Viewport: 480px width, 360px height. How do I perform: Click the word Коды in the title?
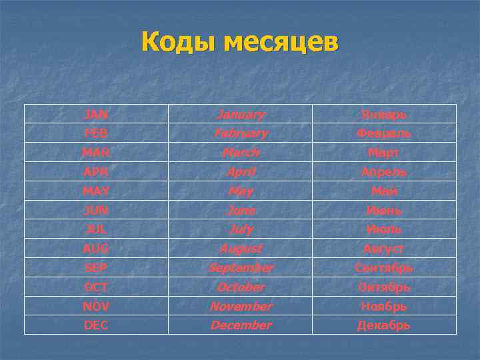[x=178, y=43]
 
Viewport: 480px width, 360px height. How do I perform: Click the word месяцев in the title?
[x=281, y=43]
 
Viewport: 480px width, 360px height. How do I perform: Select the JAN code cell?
[x=96, y=114]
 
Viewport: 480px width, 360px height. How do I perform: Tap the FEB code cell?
[x=96, y=133]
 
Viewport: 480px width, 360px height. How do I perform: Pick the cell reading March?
[x=241, y=153]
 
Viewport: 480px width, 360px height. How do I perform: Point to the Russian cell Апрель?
[x=383, y=172]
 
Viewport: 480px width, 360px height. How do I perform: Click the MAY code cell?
[x=96, y=191]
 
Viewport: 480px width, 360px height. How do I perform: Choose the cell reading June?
[x=241, y=211]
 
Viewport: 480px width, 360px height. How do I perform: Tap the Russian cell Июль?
[x=383, y=229]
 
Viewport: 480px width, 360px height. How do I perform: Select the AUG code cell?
[x=96, y=249]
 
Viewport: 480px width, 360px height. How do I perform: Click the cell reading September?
[x=241, y=268]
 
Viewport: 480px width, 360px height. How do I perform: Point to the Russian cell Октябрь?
[x=383, y=287]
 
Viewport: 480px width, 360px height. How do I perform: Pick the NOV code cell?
[x=96, y=307]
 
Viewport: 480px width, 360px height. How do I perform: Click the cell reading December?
[x=241, y=325]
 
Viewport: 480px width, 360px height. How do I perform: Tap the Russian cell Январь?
[x=383, y=114]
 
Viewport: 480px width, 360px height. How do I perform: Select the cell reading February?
[x=241, y=133]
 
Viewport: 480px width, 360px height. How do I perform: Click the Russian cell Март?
[x=383, y=153]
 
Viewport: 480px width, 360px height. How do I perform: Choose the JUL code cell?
[x=96, y=229]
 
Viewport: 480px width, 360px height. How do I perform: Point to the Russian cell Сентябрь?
[x=383, y=268]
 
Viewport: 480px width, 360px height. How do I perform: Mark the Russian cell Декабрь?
[x=383, y=325]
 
